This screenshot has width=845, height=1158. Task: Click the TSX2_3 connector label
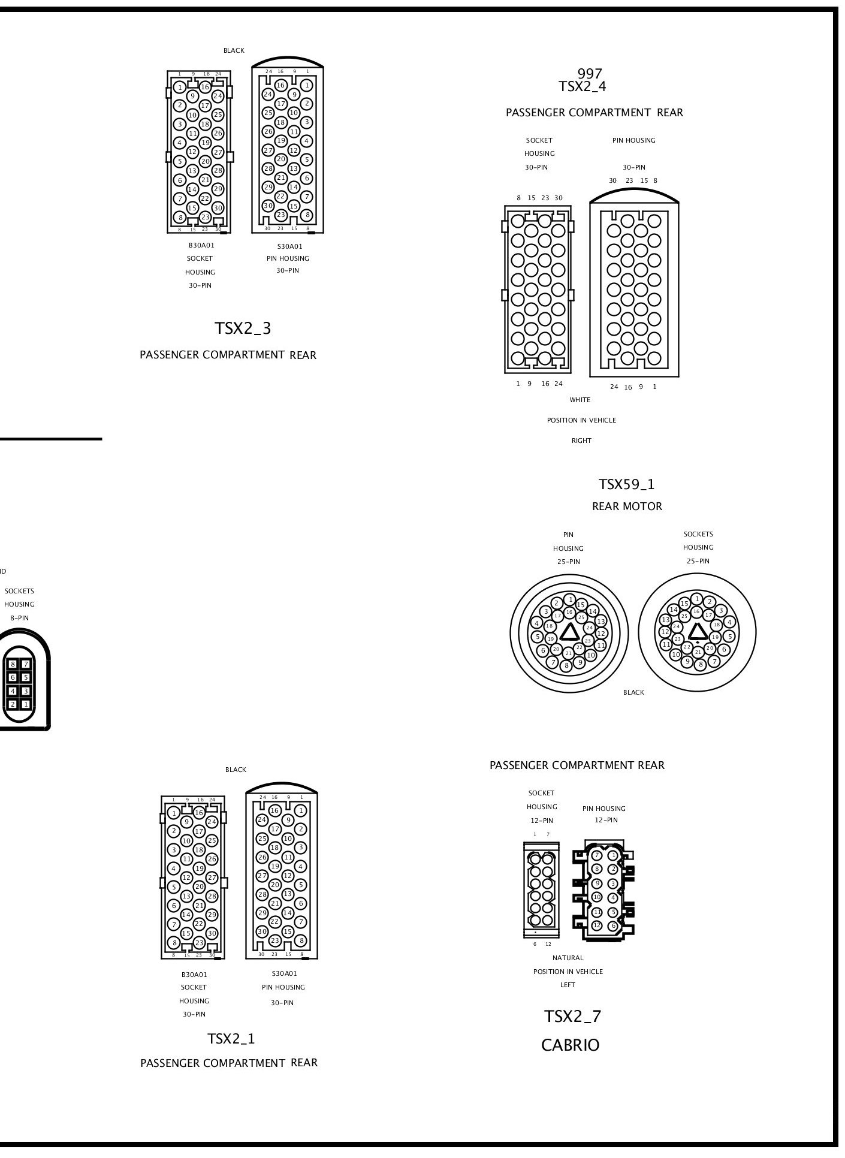(243, 328)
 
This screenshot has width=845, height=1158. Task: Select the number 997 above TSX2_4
(590, 74)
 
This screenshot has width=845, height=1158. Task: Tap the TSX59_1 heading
(626, 484)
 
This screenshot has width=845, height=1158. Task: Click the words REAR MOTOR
(627, 506)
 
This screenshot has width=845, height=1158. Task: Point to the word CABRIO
(570, 1046)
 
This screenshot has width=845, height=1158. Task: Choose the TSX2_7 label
(572, 1017)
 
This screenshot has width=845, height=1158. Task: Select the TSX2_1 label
(231, 1039)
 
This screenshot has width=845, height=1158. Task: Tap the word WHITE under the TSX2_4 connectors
(580, 400)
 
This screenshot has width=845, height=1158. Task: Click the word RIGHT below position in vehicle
(581, 441)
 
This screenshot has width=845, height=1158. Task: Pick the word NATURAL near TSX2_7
(568, 958)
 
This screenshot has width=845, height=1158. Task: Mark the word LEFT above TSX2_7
(568, 985)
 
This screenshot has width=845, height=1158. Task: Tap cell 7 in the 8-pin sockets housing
(26, 664)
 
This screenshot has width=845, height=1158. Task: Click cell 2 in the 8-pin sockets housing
(13, 704)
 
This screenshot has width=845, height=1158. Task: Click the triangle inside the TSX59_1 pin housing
(569, 632)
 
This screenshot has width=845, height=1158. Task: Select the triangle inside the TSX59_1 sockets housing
(697, 631)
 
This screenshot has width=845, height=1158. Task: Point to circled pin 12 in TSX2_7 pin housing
(596, 925)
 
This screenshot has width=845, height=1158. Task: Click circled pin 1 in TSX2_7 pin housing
(613, 855)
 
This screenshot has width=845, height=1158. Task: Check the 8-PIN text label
(19, 618)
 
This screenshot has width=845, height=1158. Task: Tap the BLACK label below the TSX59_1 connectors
(633, 692)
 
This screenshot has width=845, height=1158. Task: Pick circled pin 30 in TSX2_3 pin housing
(268, 206)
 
